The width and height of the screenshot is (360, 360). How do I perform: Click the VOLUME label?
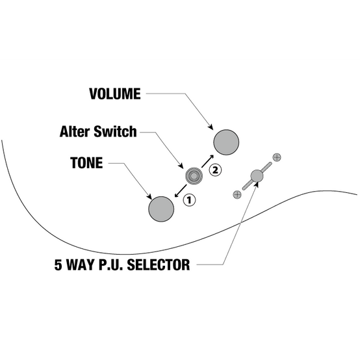(115, 94)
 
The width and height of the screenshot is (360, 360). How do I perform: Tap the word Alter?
(75, 131)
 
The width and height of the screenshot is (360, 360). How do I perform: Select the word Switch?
(115, 131)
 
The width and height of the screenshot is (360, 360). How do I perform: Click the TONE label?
(86, 163)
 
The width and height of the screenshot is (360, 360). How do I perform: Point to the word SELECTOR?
(159, 264)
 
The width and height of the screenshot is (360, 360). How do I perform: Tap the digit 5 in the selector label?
(58, 264)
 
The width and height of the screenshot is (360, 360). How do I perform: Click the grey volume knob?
(226, 142)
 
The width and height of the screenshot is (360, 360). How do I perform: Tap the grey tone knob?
(161, 209)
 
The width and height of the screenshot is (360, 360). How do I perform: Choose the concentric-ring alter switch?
(194, 176)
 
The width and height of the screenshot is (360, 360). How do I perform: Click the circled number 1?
(189, 200)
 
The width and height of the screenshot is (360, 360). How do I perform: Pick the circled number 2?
(215, 170)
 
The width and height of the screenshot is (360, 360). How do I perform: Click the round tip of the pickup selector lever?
(257, 176)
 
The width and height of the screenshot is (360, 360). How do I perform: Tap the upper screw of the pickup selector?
(277, 157)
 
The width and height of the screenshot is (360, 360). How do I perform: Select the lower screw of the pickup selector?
(237, 195)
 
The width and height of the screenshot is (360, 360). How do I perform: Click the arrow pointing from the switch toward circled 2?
(207, 161)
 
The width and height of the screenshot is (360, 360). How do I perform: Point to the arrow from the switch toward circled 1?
(181, 191)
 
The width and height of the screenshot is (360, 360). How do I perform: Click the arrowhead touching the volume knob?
(211, 127)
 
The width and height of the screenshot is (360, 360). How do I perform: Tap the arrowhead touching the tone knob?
(149, 196)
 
